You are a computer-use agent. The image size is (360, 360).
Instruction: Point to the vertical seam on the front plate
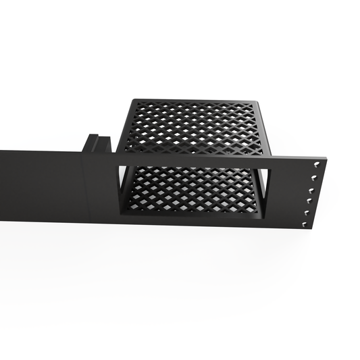83,189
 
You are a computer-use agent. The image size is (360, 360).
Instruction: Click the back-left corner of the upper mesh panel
133,101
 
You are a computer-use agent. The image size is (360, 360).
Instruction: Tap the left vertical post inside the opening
124,189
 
